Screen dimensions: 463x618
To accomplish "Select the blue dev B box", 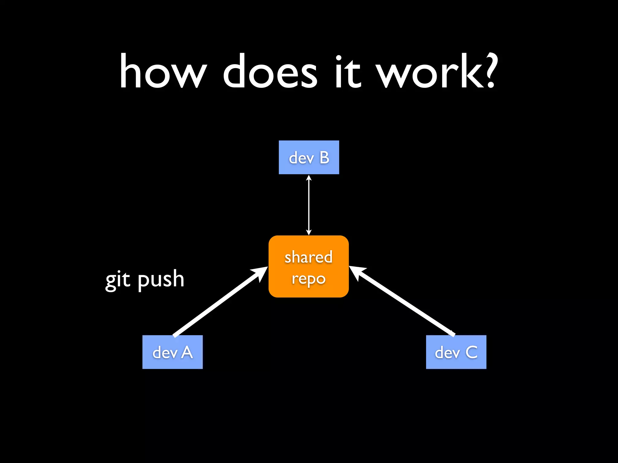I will click(x=309, y=157).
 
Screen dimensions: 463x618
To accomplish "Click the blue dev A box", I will click(x=172, y=352).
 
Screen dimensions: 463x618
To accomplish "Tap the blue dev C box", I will click(x=456, y=352).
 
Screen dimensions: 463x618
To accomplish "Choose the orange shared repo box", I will click(x=309, y=266).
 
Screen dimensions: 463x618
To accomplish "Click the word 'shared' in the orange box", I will click(x=308, y=257).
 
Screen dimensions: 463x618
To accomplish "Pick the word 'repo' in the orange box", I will click(x=308, y=279).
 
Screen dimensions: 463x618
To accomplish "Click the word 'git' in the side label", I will click(x=118, y=279).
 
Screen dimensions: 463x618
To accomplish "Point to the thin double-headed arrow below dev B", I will click(x=309, y=205).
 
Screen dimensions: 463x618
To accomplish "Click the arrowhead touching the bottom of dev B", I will click(x=309, y=178).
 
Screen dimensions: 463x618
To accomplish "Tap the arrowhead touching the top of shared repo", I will click(x=309, y=232).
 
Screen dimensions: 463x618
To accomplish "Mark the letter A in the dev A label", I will click(x=187, y=352).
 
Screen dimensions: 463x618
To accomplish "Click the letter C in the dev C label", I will click(x=471, y=352).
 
